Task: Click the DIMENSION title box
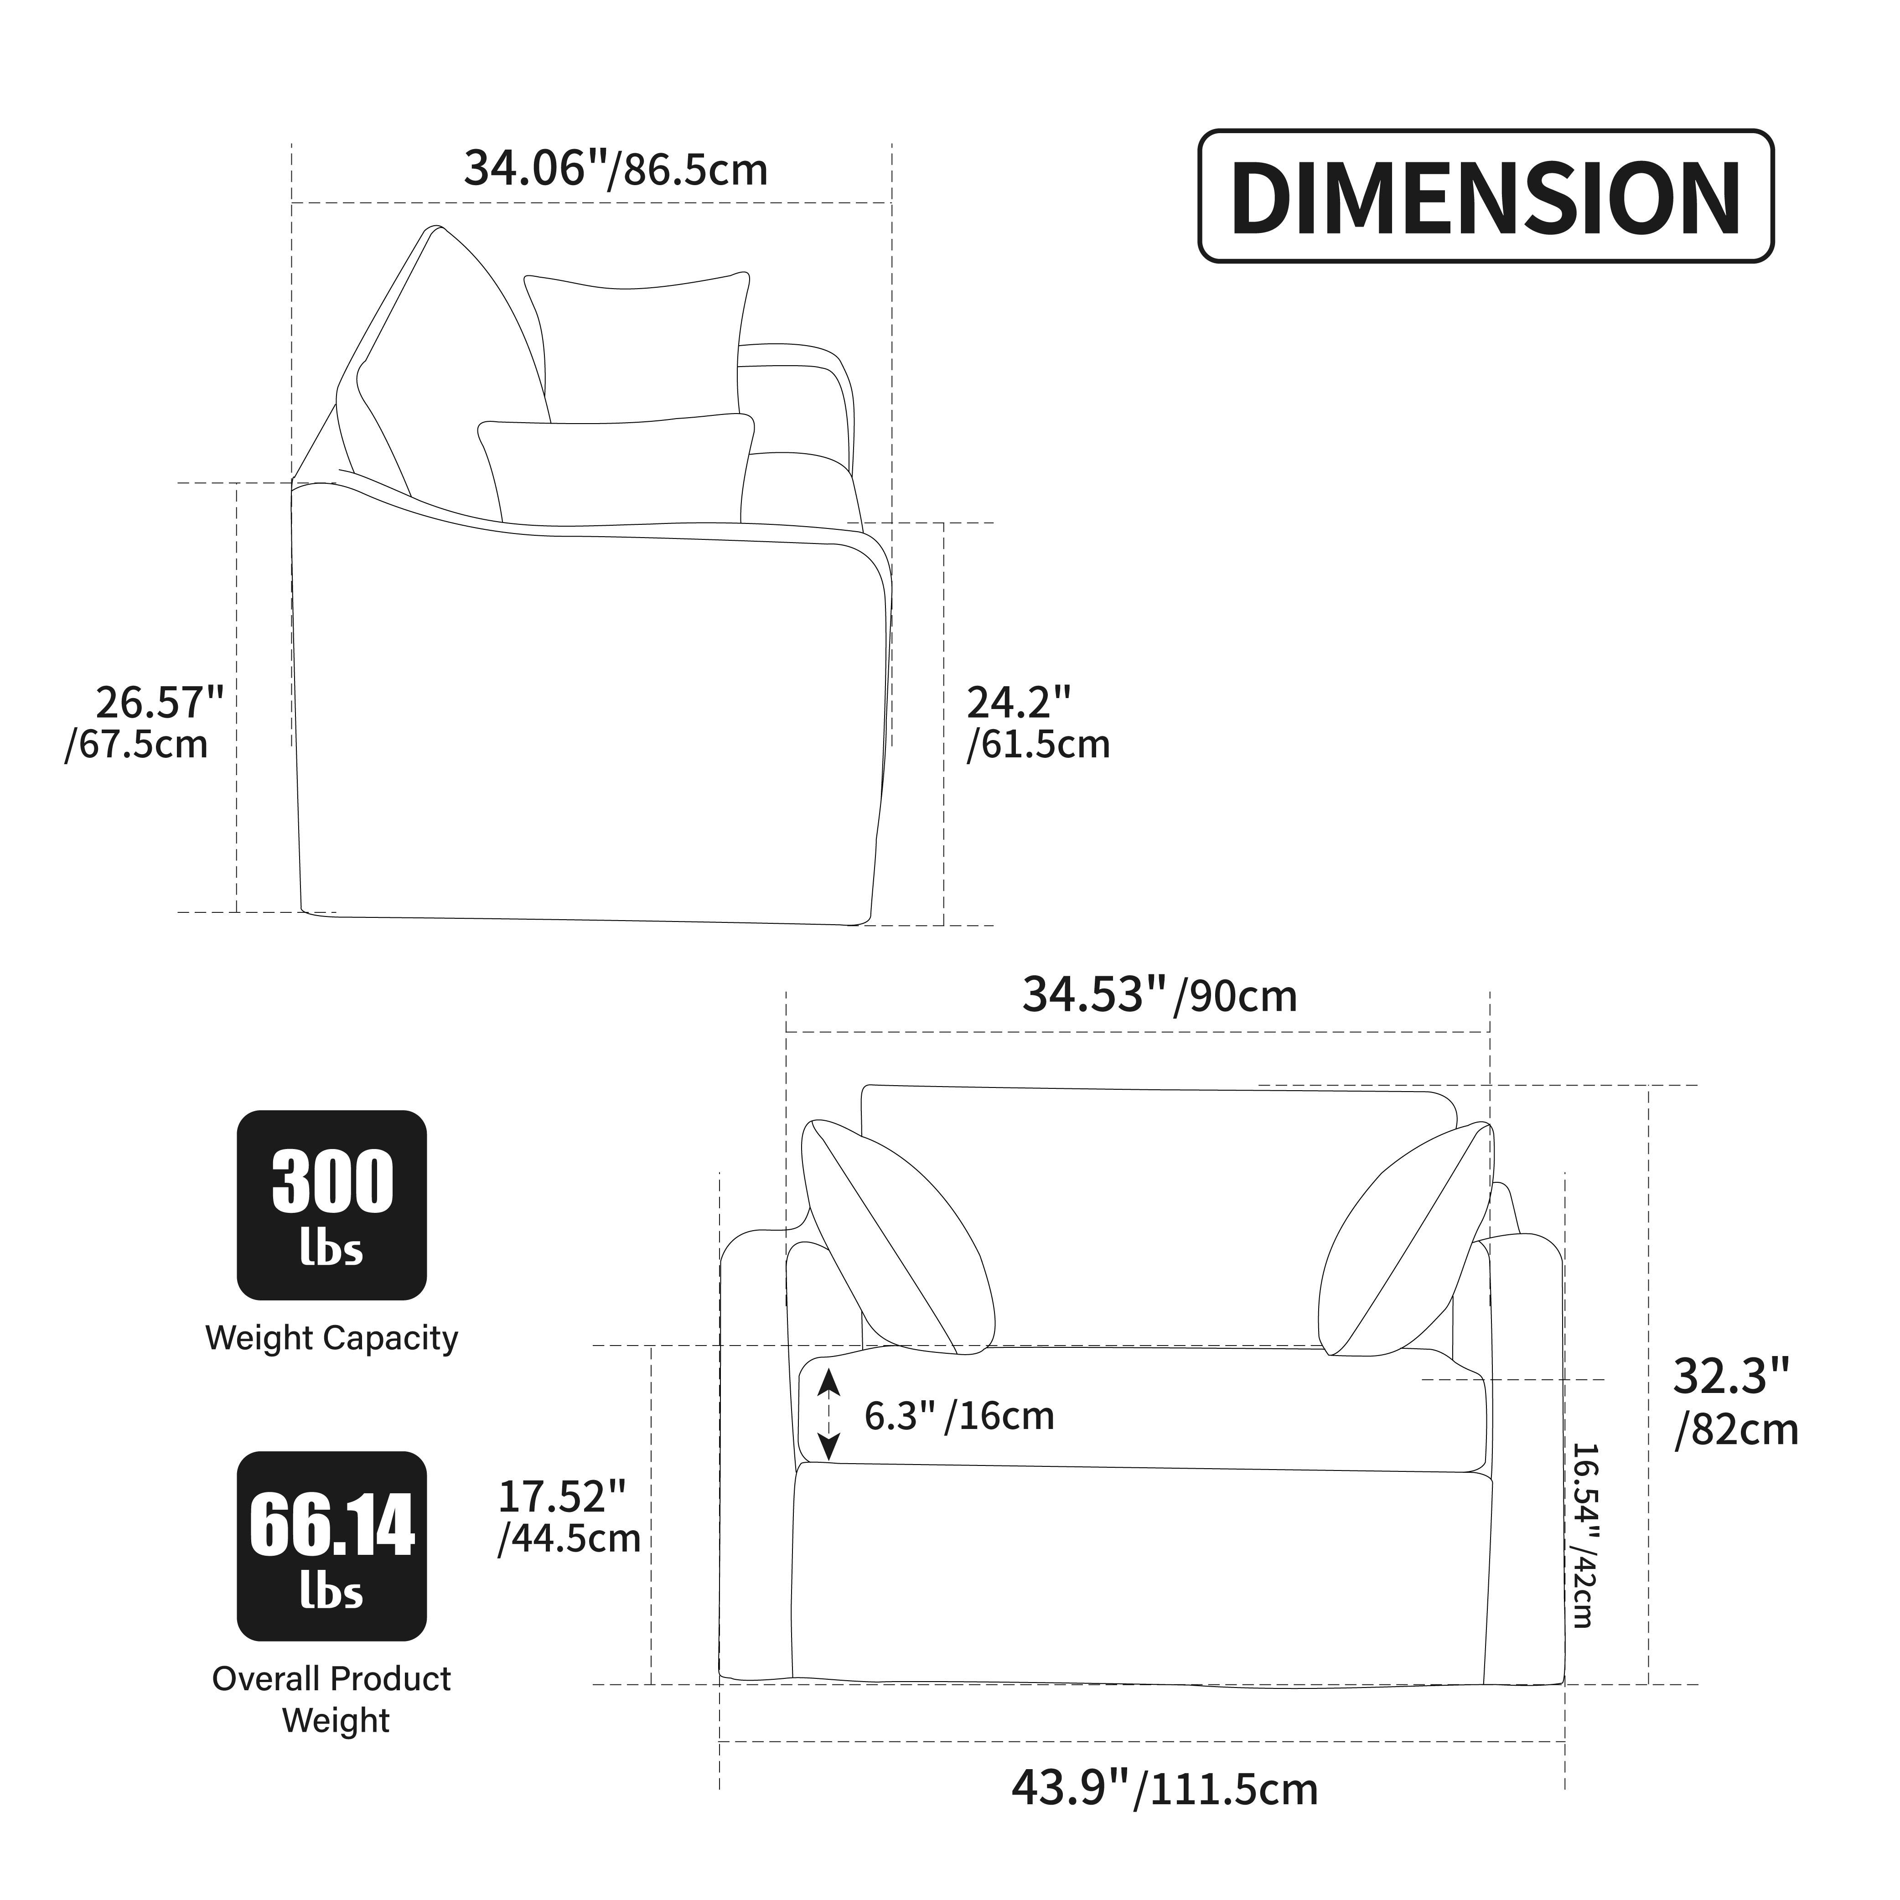click(x=1485, y=196)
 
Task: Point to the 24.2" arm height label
click(x=1037, y=724)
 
